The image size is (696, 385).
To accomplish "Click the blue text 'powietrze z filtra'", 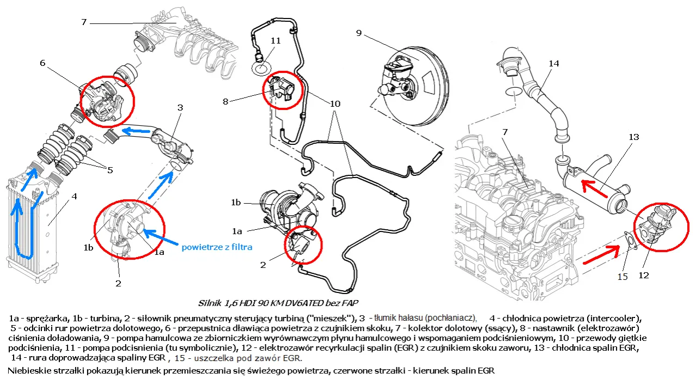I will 217,247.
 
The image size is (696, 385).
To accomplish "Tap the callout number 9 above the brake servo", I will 359,33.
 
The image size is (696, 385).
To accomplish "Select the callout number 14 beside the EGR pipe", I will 553,64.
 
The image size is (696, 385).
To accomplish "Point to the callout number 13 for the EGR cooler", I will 633,137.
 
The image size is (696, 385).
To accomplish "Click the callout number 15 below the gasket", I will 623,276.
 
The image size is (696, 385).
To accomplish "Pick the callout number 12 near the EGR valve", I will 644,276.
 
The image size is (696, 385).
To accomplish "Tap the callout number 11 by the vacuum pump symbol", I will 275,41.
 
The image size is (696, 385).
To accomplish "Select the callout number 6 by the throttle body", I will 42,63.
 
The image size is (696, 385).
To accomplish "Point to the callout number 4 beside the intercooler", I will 74,196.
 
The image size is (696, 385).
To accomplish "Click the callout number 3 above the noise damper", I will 180,107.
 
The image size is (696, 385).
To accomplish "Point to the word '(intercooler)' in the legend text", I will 616,317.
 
